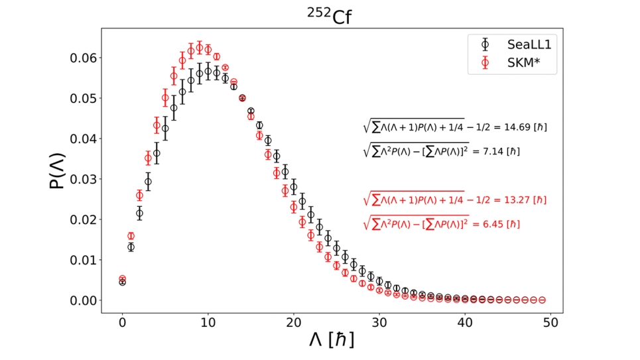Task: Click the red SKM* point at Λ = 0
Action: click(x=122, y=278)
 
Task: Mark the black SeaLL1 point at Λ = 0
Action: click(x=122, y=282)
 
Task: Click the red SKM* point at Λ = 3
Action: click(x=148, y=158)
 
